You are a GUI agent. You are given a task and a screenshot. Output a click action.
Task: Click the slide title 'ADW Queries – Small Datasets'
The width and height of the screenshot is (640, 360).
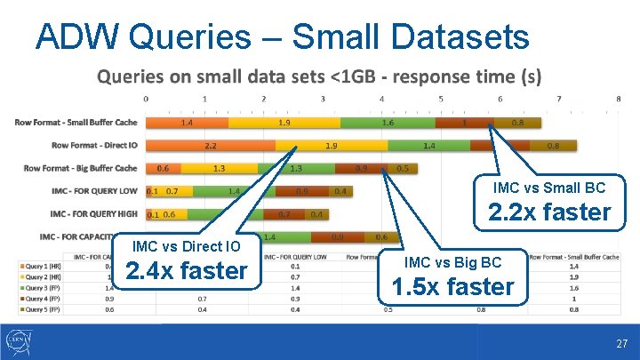[x=282, y=37]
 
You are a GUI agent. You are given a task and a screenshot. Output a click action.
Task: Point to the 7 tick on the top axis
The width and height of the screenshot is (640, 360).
[x=558, y=99]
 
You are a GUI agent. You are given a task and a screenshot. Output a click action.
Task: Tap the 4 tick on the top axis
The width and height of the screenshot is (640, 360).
[x=381, y=99]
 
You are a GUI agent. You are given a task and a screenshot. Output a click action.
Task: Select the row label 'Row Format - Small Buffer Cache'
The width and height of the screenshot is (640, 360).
[x=76, y=122]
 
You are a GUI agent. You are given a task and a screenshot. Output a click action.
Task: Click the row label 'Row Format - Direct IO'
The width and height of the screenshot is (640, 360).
[x=94, y=145]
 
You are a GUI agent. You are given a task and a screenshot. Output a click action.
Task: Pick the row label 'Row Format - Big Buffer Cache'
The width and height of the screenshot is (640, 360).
[x=80, y=168]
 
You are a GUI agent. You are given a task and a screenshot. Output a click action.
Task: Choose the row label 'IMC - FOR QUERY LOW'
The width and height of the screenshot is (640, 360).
[x=93, y=191]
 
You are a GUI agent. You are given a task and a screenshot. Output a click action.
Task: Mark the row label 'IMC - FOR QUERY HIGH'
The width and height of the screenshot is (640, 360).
[x=93, y=214]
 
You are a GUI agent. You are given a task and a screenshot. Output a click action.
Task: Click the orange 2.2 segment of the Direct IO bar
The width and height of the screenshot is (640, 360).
[x=210, y=145]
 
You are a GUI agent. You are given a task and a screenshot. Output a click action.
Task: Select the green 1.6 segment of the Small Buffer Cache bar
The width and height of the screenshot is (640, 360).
[x=388, y=122]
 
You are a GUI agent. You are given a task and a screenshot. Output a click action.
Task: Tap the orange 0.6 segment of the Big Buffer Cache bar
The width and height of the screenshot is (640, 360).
[x=163, y=168]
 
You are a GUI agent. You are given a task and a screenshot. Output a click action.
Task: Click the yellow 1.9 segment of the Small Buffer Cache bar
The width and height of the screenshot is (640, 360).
[x=284, y=122]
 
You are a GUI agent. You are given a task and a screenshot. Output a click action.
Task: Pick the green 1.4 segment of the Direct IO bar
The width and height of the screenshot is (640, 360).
[x=429, y=145]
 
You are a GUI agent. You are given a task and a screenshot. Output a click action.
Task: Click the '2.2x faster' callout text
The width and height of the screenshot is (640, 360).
[x=549, y=212]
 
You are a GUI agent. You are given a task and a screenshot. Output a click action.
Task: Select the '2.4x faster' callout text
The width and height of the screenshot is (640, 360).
[x=187, y=269]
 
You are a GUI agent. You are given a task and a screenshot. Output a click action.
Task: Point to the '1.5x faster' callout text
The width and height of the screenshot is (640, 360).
[x=453, y=286]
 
